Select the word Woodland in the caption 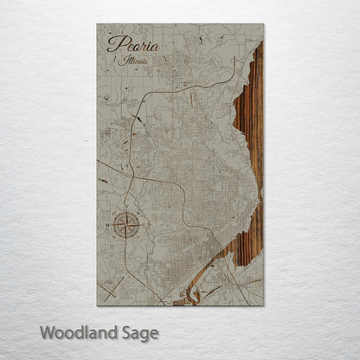click(74, 331)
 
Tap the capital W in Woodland click(47, 331)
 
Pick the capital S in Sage click(120, 331)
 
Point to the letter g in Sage click(141, 334)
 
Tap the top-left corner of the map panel click(97, 24)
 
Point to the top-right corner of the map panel click(264, 24)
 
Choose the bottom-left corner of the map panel click(97, 305)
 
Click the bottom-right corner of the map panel click(264, 305)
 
